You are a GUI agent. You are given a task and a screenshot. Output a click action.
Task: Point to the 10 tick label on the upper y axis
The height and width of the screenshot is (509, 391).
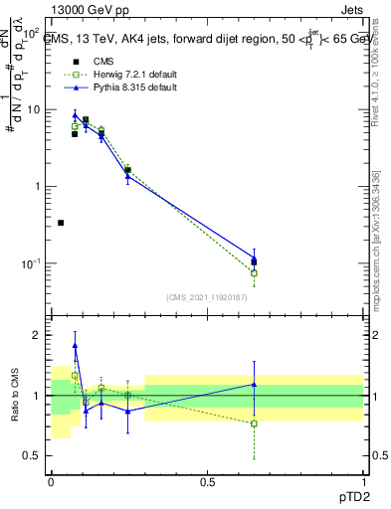pos(32,109)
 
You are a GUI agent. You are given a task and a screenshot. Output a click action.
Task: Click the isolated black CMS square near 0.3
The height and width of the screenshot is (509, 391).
pos(61,223)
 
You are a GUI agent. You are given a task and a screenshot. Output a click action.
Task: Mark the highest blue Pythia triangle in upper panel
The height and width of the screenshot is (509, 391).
pos(76,115)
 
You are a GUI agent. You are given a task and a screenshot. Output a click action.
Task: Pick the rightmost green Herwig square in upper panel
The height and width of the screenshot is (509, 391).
pos(254,272)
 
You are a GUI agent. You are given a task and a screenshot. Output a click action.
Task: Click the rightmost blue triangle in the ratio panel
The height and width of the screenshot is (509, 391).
pos(254,384)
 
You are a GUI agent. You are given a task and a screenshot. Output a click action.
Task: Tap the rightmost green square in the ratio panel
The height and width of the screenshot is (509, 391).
pos(254,424)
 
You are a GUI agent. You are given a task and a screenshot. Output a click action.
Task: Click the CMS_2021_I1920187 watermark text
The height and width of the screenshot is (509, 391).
pos(206,297)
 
